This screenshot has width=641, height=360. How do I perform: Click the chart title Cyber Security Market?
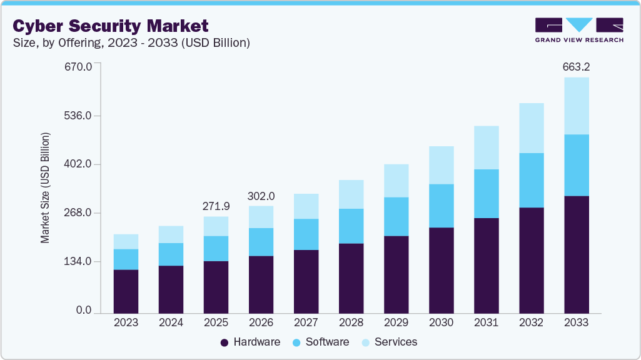(x=111, y=26)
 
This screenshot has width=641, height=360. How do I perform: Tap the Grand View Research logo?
(x=579, y=29)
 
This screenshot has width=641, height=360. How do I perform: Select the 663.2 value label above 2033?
(x=576, y=66)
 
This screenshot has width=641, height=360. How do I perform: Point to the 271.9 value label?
(x=216, y=206)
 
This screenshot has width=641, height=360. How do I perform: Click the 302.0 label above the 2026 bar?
(x=261, y=195)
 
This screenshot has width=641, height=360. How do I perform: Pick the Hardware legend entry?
(x=250, y=342)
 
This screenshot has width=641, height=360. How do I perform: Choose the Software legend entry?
(x=320, y=342)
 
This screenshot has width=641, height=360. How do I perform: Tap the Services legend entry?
(x=390, y=342)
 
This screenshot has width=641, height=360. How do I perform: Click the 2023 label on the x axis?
(x=126, y=322)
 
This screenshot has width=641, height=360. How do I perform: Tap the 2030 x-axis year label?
(x=441, y=322)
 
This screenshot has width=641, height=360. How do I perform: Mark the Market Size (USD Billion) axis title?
(x=45, y=188)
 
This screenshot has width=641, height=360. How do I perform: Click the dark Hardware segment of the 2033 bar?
(x=576, y=254)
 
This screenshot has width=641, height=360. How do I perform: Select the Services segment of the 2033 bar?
(x=576, y=106)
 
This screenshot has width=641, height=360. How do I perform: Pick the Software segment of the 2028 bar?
(x=351, y=226)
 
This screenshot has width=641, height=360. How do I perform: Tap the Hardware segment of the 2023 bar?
(x=126, y=291)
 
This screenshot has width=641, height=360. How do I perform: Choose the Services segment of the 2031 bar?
(x=486, y=147)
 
